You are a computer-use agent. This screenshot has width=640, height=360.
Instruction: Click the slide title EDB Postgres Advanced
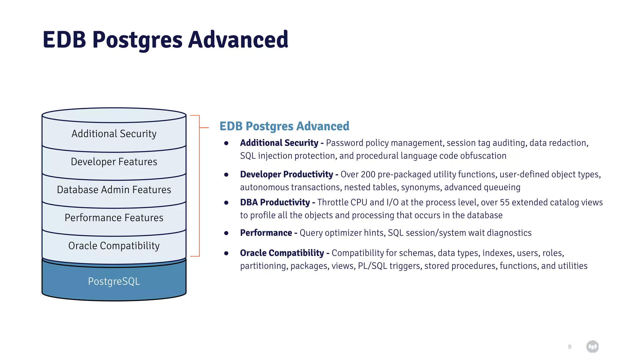(165, 40)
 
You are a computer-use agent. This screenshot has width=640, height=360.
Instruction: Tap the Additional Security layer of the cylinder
(114, 134)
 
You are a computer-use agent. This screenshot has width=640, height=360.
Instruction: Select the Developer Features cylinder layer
(114, 162)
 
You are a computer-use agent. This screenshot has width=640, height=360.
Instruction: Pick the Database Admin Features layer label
(114, 190)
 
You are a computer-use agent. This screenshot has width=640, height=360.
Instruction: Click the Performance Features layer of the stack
(114, 218)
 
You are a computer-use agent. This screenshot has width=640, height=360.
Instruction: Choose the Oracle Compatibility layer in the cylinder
(114, 246)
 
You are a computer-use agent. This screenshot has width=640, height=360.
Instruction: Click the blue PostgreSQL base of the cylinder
(114, 281)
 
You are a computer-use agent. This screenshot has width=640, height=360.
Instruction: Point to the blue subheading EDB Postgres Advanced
(284, 126)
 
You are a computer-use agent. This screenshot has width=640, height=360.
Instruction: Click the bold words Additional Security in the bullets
(279, 143)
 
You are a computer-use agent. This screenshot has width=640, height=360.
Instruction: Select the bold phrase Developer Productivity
(286, 174)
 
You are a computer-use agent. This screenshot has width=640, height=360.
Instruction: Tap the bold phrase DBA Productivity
(275, 202)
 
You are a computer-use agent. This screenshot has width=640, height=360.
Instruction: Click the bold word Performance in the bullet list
(266, 233)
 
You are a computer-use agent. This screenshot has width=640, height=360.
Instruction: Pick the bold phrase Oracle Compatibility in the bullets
(282, 253)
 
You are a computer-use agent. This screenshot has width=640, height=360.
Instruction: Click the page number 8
(569, 347)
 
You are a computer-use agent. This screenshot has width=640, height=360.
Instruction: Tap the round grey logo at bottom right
(592, 347)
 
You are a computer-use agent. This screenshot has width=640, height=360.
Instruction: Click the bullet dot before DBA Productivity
(226, 203)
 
